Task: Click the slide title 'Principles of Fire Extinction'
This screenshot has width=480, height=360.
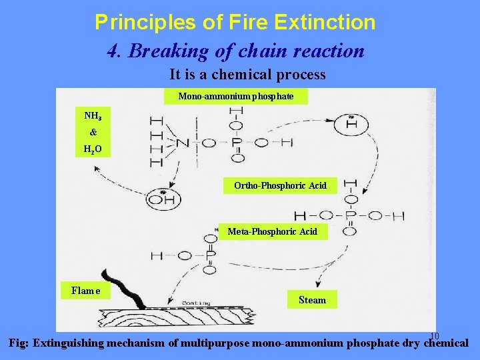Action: (x=235, y=23)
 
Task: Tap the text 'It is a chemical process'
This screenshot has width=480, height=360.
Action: (x=247, y=74)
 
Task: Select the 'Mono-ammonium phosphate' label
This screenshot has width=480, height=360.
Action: (x=236, y=97)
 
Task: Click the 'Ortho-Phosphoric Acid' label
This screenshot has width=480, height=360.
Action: (x=280, y=185)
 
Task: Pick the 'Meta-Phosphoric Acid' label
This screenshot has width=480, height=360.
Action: (x=272, y=231)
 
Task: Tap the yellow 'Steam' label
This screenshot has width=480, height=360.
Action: (x=312, y=300)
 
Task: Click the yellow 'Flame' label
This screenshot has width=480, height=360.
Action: (x=85, y=290)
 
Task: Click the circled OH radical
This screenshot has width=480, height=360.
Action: (x=161, y=197)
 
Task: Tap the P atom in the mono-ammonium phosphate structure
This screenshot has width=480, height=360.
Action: (x=237, y=142)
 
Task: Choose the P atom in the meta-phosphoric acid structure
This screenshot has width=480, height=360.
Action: (x=211, y=255)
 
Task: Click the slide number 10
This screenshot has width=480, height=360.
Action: (x=434, y=335)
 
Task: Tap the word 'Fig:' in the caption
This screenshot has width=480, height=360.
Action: (x=18, y=344)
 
